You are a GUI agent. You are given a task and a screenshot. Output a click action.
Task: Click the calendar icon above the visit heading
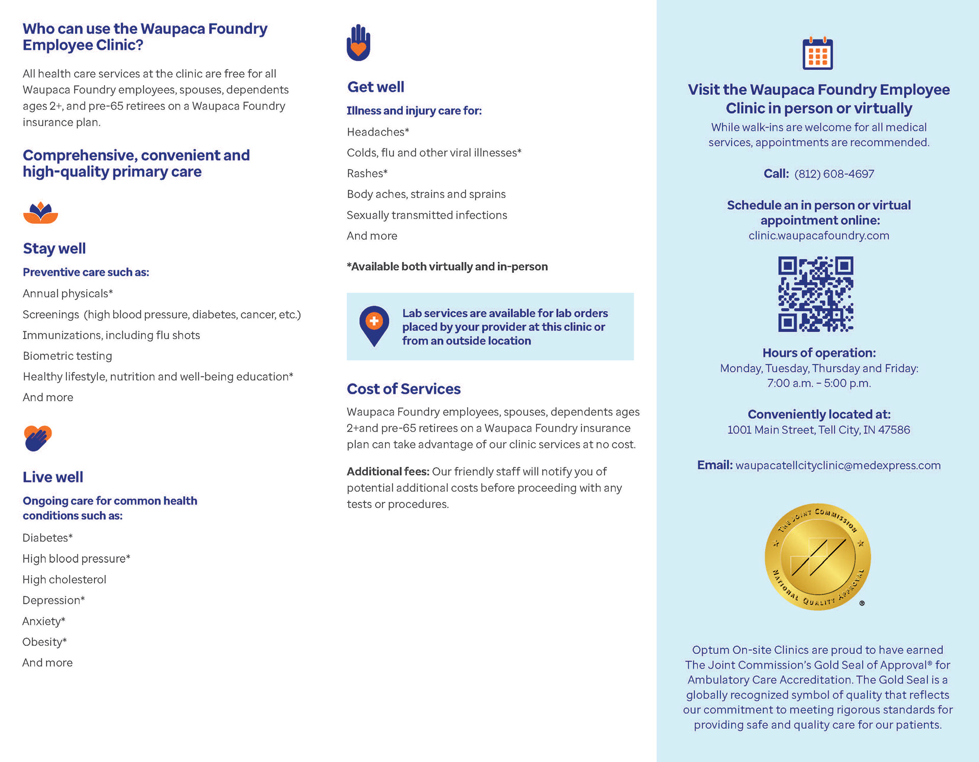tap(817, 54)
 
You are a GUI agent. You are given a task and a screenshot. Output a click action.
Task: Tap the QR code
tap(815, 294)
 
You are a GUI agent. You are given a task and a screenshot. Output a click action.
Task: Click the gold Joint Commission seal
tap(817, 557)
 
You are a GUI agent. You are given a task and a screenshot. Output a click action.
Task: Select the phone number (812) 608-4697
tap(834, 174)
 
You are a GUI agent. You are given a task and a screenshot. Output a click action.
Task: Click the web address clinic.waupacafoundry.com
tap(818, 236)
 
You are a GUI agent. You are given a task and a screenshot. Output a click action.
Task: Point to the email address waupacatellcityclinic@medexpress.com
tap(838, 465)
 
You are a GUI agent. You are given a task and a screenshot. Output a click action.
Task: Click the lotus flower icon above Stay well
tap(40, 213)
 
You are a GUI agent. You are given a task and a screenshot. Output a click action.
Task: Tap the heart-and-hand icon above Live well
tap(38, 438)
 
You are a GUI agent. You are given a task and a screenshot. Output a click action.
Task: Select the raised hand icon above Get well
tap(358, 43)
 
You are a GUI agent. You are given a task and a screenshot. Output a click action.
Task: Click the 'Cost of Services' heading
tap(403, 389)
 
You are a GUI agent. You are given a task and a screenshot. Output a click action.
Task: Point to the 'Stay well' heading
tap(54, 248)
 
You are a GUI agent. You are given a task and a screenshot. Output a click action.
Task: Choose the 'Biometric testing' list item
tap(67, 356)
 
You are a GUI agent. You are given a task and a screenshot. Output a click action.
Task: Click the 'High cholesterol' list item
tap(64, 579)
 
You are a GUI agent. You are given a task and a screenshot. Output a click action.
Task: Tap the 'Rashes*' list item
tap(367, 173)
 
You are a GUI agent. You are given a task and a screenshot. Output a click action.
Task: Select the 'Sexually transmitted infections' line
tap(427, 215)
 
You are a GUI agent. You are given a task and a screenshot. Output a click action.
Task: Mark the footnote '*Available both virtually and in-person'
tap(447, 267)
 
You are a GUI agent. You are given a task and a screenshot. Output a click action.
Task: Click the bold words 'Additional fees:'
tap(388, 472)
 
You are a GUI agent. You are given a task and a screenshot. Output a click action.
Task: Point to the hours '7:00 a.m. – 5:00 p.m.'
tap(819, 383)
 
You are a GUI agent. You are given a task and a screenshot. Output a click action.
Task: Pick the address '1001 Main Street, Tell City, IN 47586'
tap(818, 430)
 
